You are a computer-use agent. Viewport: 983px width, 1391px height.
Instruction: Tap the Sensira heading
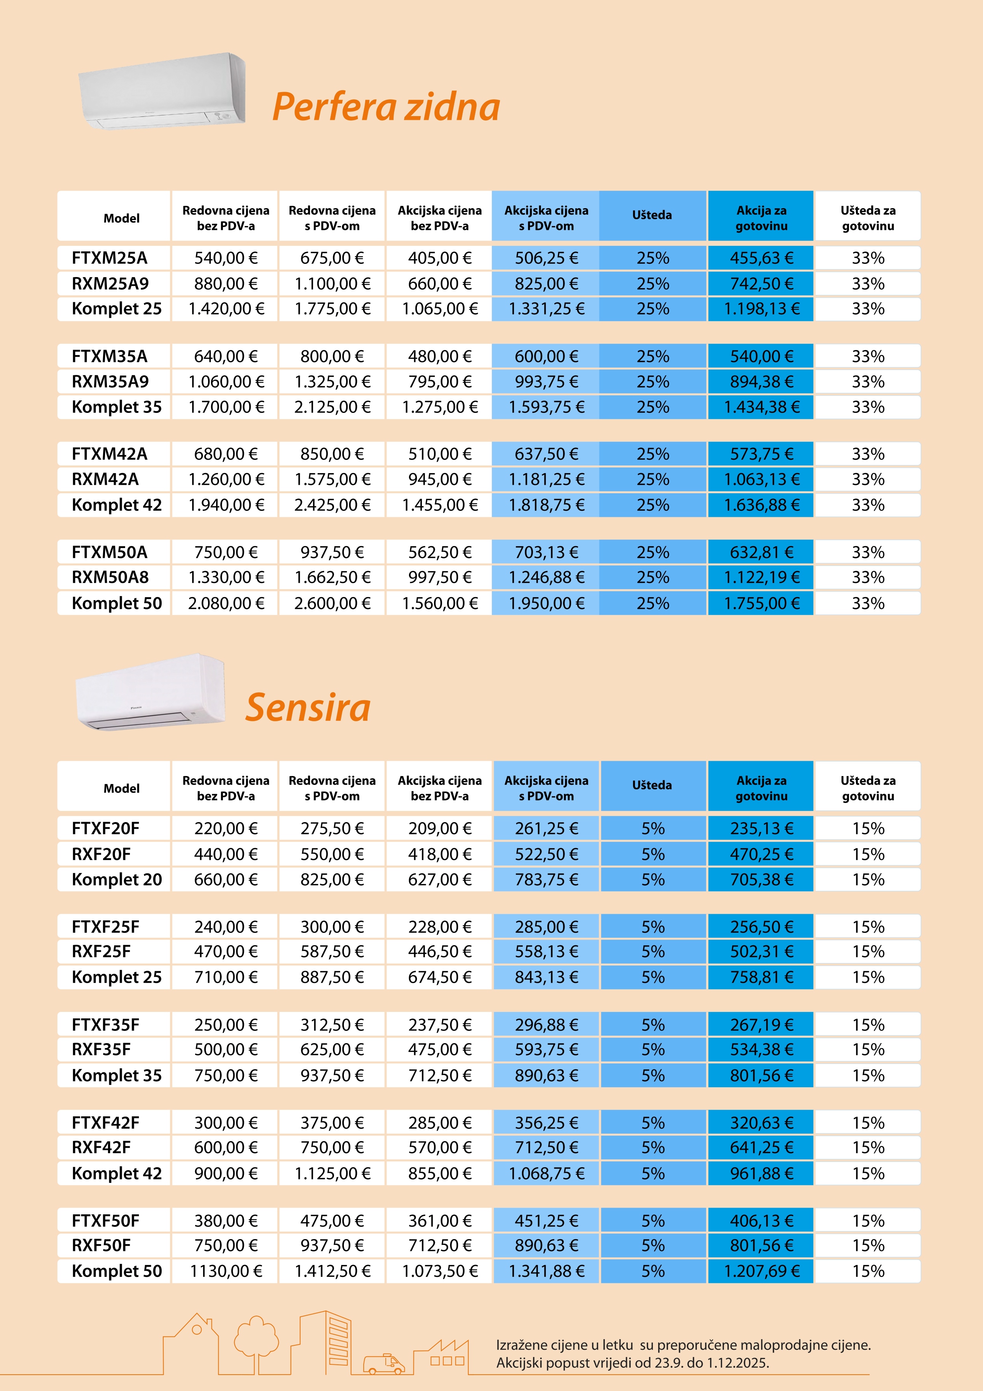click(x=308, y=707)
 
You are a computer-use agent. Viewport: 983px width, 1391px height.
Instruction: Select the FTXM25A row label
click(x=110, y=258)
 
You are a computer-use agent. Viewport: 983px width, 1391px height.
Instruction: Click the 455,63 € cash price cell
click(x=761, y=258)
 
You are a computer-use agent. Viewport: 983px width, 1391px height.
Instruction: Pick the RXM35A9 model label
click(x=110, y=382)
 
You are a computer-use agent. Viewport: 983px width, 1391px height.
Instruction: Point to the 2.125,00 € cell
click(x=332, y=407)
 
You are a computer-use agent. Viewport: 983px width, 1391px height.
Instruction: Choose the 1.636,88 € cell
click(x=761, y=505)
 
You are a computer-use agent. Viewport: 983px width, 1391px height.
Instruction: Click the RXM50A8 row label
click(x=110, y=577)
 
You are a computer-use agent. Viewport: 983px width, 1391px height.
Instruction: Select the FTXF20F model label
click(x=105, y=828)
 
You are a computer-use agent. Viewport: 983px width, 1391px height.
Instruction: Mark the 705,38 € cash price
click(x=761, y=879)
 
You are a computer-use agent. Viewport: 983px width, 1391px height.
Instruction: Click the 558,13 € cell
click(x=546, y=951)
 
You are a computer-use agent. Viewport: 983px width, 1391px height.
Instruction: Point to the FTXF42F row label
click(x=105, y=1123)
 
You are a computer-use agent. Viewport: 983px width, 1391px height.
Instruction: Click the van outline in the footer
click(x=384, y=1363)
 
